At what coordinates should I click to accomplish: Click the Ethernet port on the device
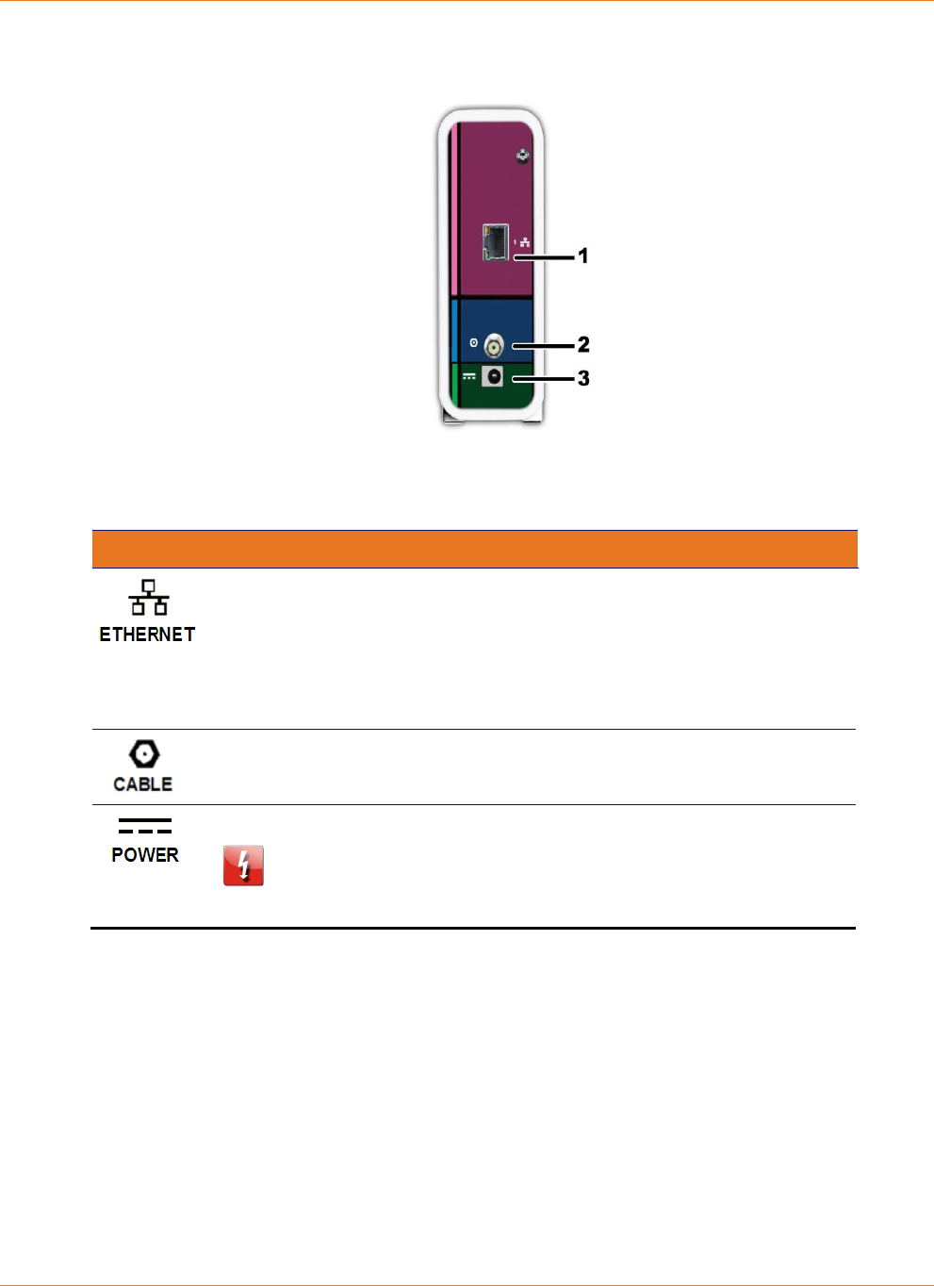(x=495, y=242)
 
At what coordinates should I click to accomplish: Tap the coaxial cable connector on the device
(x=494, y=345)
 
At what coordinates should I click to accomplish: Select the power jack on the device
(x=492, y=377)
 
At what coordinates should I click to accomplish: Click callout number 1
(x=583, y=256)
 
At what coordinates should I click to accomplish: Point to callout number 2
(x=583, y=344)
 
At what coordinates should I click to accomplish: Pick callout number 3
(x=583, y=378)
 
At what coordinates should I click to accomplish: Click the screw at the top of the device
(x=522, y=156)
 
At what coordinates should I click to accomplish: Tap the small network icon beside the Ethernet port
(x=524, y=242)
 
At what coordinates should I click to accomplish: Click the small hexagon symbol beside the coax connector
(x=473, y=343)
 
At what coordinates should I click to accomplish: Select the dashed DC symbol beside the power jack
(x=468, y=376)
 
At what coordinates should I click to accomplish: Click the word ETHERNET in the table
(x=147, y=635)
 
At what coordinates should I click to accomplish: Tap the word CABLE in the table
(x=143, y=784)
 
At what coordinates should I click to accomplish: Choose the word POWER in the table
(x=145, y=855)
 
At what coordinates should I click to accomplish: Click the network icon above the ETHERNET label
(x=149, y=598)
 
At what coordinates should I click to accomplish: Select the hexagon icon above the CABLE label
(x=144, y=753)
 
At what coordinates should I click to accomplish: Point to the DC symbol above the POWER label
(x=145, y=826)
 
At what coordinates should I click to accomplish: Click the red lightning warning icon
(x=243, y=866)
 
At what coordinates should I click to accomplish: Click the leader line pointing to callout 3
(x=545, y=379)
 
